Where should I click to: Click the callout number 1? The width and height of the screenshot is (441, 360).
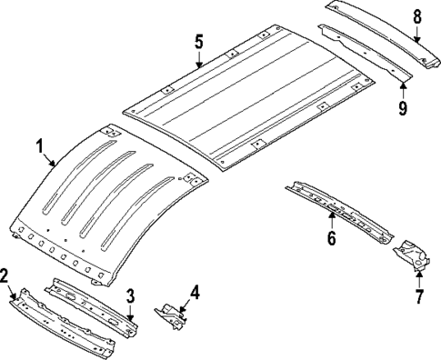pos(39,145)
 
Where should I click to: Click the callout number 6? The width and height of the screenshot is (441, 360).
pos(332,238)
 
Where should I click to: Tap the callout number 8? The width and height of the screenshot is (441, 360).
pos(417,15)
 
